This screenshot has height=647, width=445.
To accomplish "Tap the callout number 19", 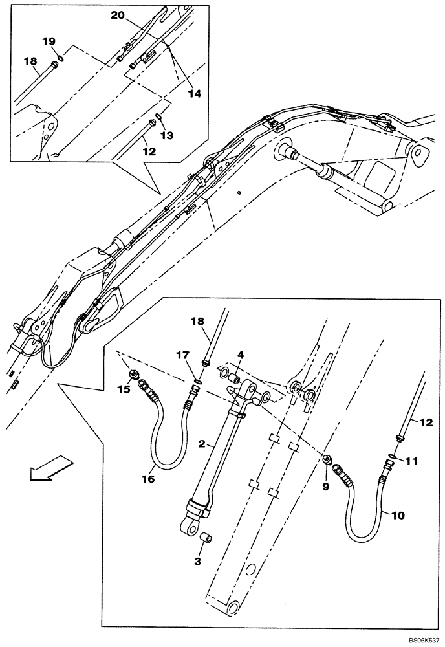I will click(x=49, y=41).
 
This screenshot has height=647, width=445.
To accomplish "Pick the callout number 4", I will click(x=240, y=355).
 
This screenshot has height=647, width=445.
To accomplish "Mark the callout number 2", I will click(x=202, y=444).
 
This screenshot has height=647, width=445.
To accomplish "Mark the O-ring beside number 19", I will click(x=60, y=58).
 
